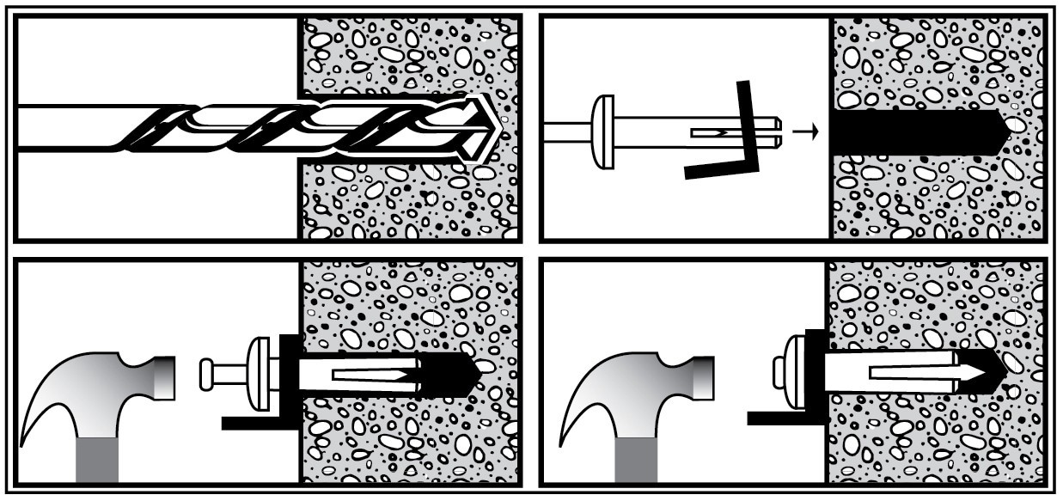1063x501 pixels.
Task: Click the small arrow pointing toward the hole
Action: [803, 131]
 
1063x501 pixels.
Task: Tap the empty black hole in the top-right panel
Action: [911, 131]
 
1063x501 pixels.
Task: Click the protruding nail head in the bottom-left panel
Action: [206, 374]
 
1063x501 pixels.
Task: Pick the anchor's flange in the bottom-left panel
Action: [258, 374]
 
